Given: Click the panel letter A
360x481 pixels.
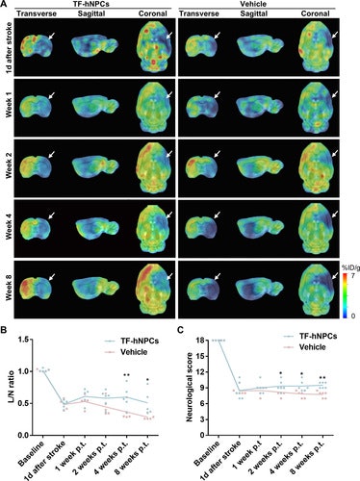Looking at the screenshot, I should [x=5, y=5].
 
